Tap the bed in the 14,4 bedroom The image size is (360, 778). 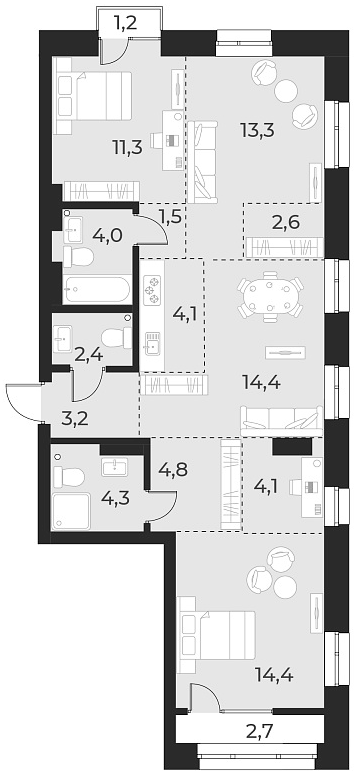point(217,634)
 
